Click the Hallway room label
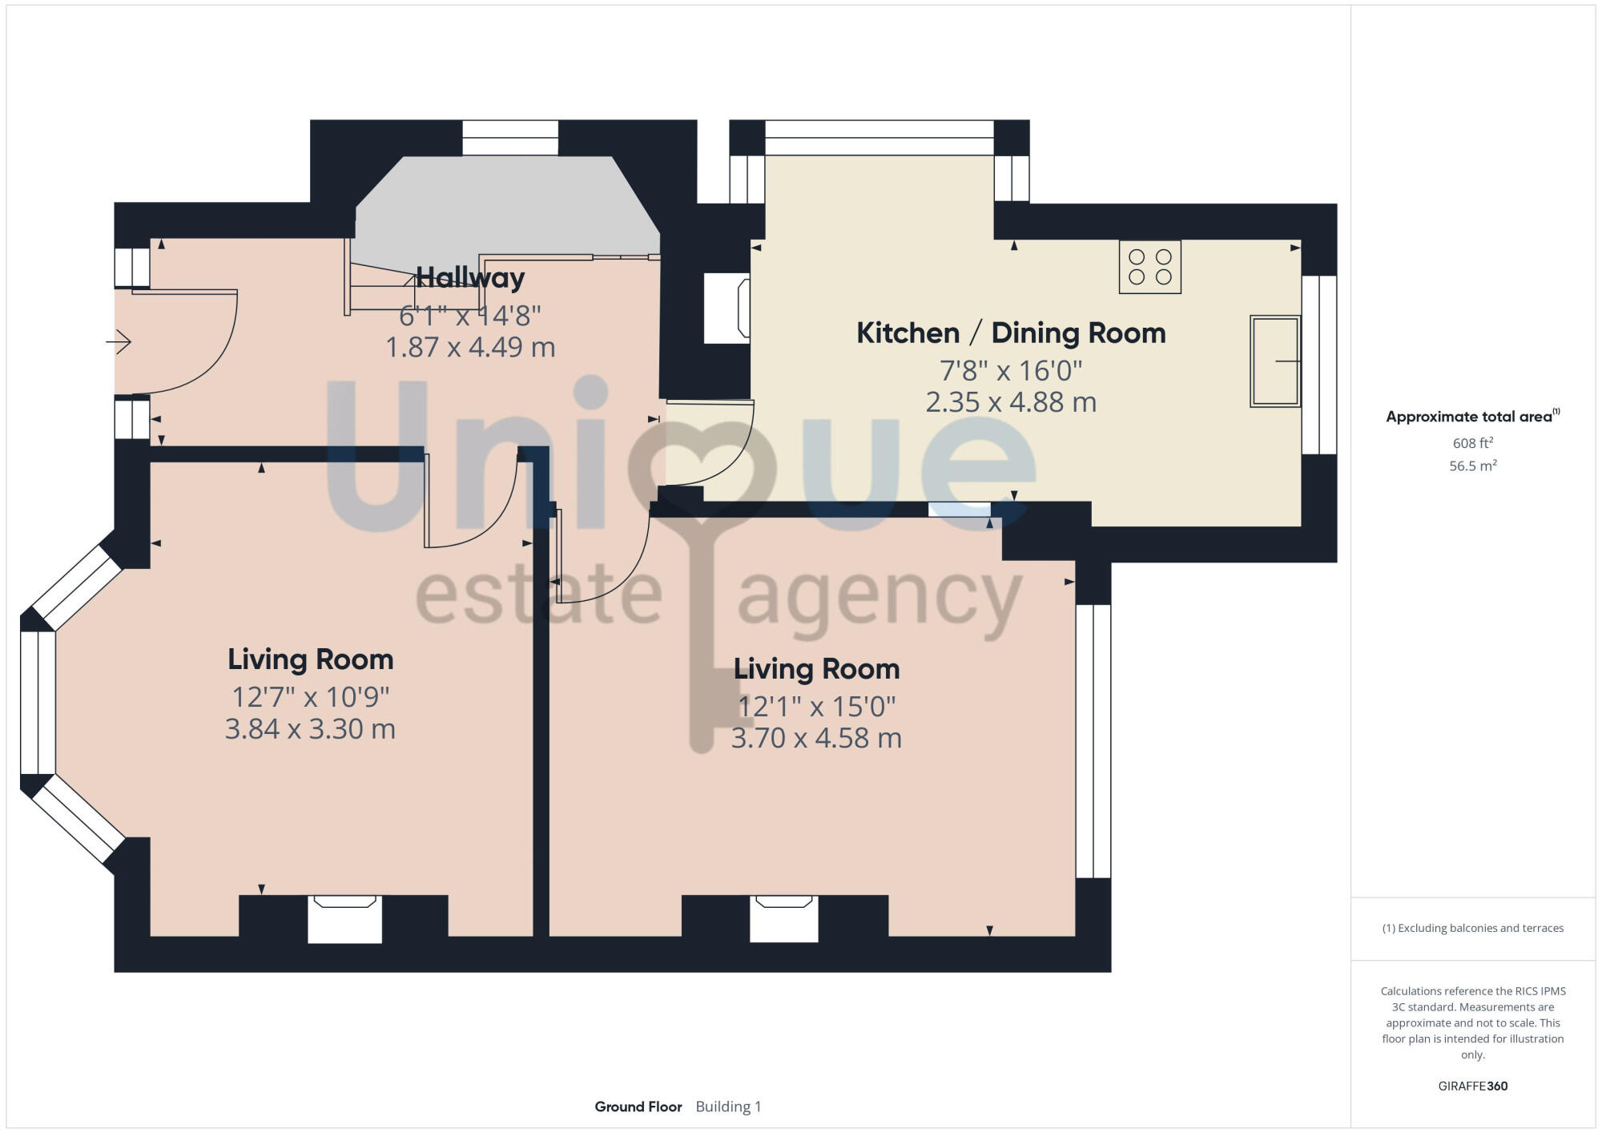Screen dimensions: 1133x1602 tap(470, 278)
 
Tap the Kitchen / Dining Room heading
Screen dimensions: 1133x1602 tap(1011, 333)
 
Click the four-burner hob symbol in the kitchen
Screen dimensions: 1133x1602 tap(1149, 267)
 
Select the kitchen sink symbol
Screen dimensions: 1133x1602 tap(1274, 361)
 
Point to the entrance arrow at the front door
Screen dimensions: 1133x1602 tap(119, 342)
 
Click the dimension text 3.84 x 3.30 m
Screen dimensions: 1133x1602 tap(310, 729)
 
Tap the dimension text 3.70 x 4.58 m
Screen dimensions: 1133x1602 tap(816, 738)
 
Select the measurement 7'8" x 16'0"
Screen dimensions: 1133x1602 tap(1011, 371)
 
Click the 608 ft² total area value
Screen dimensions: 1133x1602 tap(1472, 443)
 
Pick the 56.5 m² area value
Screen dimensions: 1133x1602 tap(1472, 466)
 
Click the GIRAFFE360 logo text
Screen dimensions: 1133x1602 tap(1472, 1086)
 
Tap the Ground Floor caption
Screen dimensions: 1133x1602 tap(638, 1107)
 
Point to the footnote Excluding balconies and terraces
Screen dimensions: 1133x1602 tap(1472, 928)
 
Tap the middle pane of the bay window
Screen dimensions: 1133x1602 tap(38, 703)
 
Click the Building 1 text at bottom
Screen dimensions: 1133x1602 tap(728, 1107)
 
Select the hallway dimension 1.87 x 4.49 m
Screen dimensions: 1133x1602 tap(470, 347)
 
